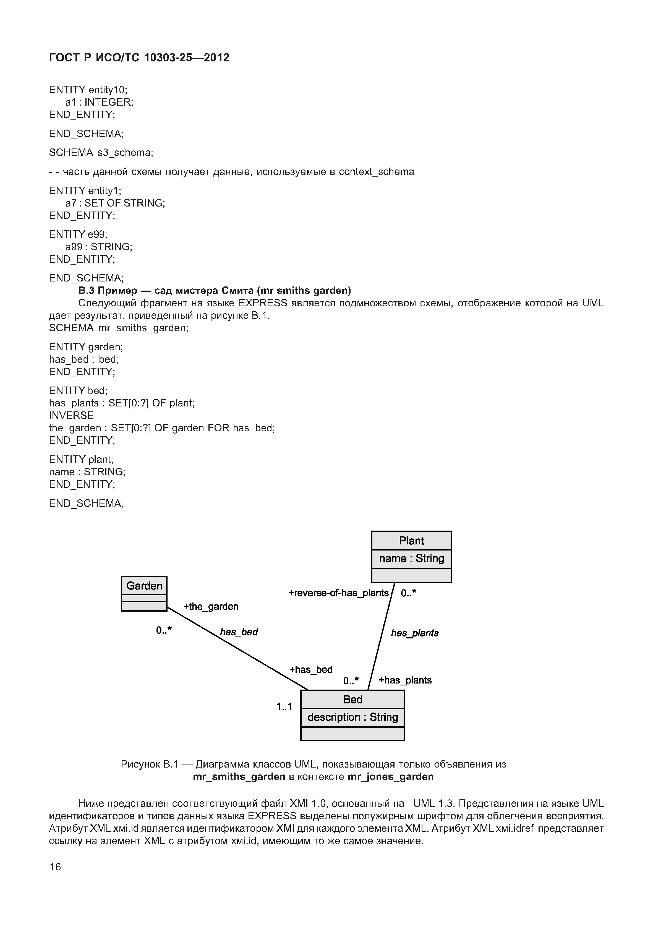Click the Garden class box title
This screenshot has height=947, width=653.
pyautogui.click(x=144, y=586)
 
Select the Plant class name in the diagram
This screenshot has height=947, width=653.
pyautogui.click(x=411, y=541)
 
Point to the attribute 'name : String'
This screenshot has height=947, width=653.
pyautogui.click(x=411, y=559)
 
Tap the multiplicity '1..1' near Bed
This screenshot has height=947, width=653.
pyautogui.click(x=284, y=706)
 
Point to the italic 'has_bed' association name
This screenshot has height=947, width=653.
pyautogui.click(x=239, y=632)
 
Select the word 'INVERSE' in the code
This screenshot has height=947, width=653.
pyautogui.click(x=71, y=415)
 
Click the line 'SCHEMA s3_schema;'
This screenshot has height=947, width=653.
pyautogui.click(x=101, y=153)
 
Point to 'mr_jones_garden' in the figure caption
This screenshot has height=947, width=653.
pyautogui.click(x=390, y=777)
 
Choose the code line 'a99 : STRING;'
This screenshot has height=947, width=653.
pyautogui.click(x=99, y=247)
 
